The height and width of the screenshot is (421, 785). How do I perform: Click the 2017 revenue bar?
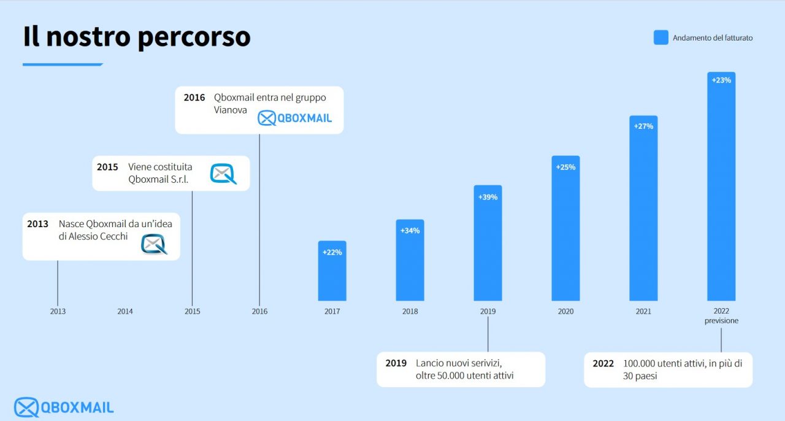tap(332, 271)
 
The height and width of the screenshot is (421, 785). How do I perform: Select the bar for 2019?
tap(488, 243)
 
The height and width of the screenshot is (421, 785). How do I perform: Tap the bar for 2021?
tap(643, 209)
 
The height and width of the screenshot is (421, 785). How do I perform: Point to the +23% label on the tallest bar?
tap(721, 80)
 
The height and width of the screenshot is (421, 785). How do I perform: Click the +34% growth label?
tap(410, 231)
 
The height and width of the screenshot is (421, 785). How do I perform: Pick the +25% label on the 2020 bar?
tap(565, 167)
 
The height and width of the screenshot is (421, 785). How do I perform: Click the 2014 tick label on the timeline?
tap(125, 311)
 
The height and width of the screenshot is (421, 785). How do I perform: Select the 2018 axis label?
tap(410, 311)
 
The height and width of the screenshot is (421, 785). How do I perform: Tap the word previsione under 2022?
tap(721, 321)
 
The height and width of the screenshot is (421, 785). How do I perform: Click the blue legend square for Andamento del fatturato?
tap(661, 37)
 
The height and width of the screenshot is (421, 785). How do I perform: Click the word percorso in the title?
tap(194, 37)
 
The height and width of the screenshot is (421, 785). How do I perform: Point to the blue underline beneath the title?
tap(63, 64)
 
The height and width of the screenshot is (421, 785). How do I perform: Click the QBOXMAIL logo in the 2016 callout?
tap(295, 118)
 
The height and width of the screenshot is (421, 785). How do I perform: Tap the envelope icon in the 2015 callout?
tap(223, 174)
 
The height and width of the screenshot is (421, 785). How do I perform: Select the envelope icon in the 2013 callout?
tap(154, 244)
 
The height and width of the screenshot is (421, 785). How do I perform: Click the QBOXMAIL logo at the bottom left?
tap(64, 407)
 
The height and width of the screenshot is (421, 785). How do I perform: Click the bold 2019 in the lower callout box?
tap(396, 363)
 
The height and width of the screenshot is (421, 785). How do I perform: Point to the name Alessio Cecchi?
tap(98, 236)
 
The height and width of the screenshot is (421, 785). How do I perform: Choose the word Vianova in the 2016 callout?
tap(230, 110)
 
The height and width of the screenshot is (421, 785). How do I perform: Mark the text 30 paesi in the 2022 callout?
tap(640, 376)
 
